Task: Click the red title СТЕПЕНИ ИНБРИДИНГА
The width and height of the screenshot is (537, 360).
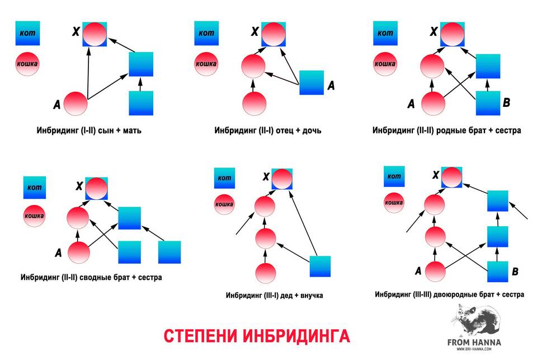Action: (257, 335)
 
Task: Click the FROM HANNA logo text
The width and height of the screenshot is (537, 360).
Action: (474, 341)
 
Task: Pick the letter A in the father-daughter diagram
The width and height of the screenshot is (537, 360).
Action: (330, 86)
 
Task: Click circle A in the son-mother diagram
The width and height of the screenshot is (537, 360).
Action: (76, 103)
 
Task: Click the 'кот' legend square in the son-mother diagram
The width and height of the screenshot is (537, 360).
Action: (26, 34)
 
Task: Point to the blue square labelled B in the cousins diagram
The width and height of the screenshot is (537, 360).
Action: (498, 272)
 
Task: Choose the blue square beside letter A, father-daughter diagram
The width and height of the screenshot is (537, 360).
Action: (312, 82)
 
